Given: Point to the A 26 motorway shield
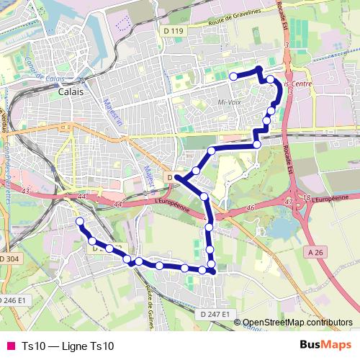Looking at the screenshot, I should pos(315,252).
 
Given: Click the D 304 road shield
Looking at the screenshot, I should pos(9,258).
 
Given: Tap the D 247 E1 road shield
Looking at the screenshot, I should pos(216,314).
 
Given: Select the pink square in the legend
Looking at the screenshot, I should pos(11,346).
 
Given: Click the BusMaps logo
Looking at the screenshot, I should pos(325,346).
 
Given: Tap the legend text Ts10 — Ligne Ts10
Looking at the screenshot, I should pos(68,346).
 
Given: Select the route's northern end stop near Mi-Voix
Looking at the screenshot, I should pos(233,76).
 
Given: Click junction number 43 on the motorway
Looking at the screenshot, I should pos(27,191).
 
